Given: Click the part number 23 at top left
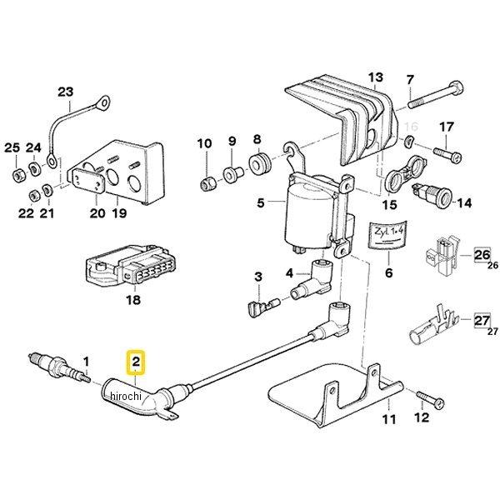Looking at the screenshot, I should click(x=65, y=92).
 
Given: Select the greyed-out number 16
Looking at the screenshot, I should click(x=409, y=127).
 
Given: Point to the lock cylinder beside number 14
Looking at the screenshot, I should click(x=433, y=202).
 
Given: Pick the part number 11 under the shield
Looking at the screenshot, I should click(x=387, y=420).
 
